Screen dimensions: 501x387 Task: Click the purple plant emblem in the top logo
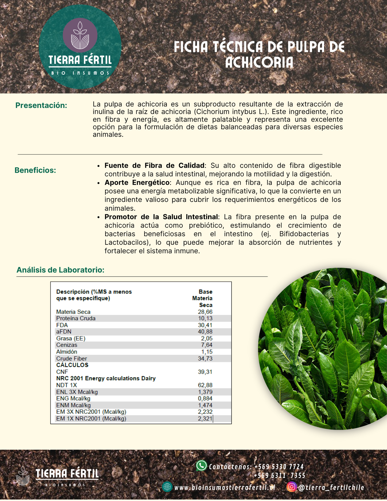[80, 35]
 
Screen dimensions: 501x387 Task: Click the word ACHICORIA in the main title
[259, 63]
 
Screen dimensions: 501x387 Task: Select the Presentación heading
[41, 106]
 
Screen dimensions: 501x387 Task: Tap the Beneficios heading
[35, 170]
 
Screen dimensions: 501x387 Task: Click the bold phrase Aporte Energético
[137, 183]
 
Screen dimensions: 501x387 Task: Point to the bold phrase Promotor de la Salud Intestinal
[161, 217]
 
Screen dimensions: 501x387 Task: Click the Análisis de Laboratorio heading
[61, 270]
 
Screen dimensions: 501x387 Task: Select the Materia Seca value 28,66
[205, 312]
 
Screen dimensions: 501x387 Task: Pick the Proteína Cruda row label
[76, 318]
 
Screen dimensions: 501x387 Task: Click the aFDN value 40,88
[205, 332]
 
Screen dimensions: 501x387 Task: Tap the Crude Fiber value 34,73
[205, 359]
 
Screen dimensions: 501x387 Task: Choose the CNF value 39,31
[205, 372]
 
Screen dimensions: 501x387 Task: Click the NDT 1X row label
[66, 385]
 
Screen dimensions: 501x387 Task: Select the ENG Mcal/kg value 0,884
[205, 399]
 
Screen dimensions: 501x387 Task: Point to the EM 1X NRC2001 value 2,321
[205, 419]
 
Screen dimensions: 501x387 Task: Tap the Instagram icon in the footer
[292, 487]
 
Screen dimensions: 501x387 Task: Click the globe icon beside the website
[167, 487]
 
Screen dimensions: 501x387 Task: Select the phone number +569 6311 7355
[280, 476]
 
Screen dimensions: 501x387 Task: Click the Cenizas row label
[67, 345]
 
